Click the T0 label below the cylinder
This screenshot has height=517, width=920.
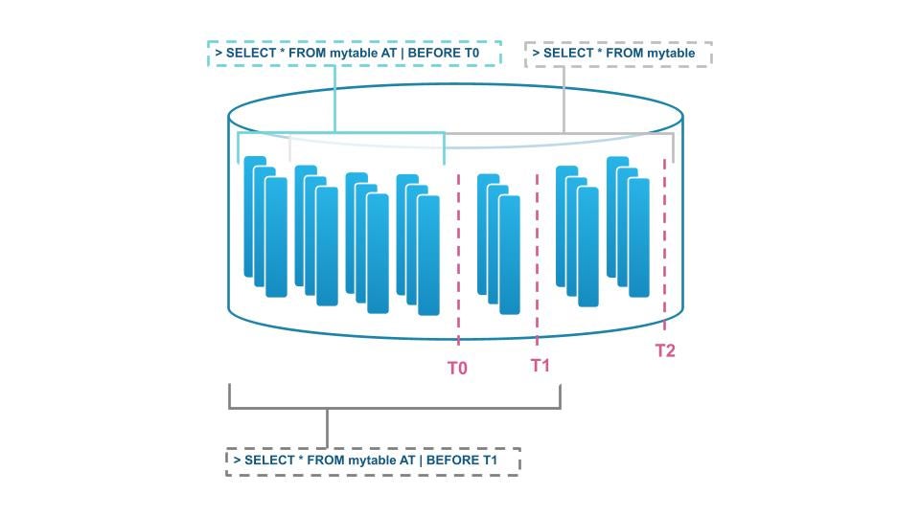(457, 368)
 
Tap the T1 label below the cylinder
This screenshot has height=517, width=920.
(540, 366)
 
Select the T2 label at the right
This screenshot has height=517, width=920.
(665, 350)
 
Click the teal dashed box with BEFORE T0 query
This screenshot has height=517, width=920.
(355, 54)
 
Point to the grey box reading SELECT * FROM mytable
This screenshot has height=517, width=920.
(618, 54)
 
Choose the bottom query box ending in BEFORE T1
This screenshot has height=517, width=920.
(373, 461)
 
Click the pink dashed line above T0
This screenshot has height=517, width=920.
(458, 258)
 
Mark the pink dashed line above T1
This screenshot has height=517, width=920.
(537, 258)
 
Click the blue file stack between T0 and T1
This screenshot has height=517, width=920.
(498, 243)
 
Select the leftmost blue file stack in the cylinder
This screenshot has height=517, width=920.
(265, 227)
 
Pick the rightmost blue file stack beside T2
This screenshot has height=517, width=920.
(628, 227)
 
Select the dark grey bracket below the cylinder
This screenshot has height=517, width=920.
(394, 408)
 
